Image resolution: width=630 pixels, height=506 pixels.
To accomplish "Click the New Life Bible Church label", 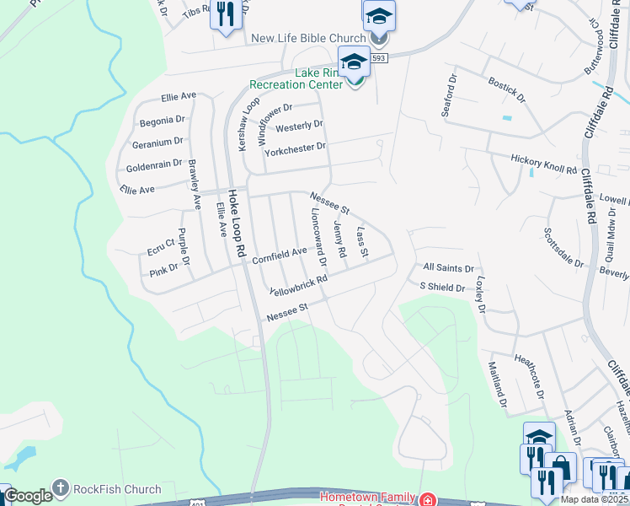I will [x=308, y=38].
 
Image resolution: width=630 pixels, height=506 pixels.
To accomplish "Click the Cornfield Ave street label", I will [x=280, y=254].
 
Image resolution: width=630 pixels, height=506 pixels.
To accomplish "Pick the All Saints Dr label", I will [x=447, y=267].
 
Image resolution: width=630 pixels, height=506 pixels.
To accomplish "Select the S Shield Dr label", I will [x=442, y=287].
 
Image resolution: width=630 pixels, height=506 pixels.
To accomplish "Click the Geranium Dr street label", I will [x=152, y=142].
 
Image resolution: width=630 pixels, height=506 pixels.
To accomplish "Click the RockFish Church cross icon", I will [x=60, y=488].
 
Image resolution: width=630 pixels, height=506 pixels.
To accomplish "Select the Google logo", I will [x=28, y=496].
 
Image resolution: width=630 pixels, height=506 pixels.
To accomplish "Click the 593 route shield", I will [x=379, y=58].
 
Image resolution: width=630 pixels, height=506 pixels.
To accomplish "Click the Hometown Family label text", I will [x=369, y=496].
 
